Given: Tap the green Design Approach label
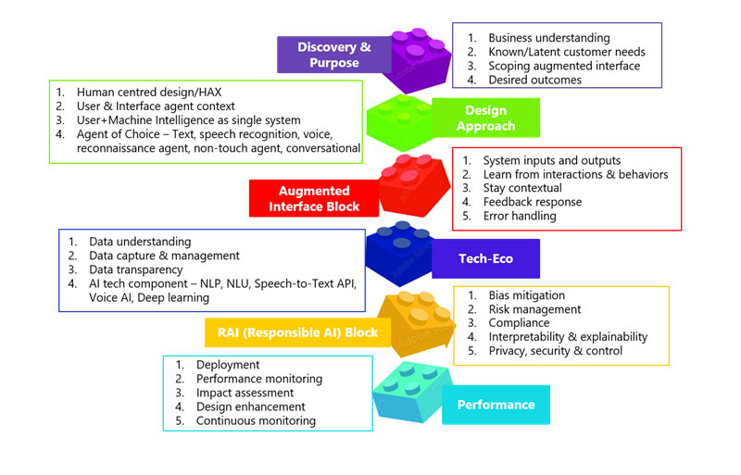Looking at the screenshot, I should [485, 119].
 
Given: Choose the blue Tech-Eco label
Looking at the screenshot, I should [485, 258].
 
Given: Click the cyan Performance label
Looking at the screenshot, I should [496, 405].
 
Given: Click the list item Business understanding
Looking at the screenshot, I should [548, 38].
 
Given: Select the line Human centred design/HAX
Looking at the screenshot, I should [149, 93].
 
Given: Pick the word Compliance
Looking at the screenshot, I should [519, 323].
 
